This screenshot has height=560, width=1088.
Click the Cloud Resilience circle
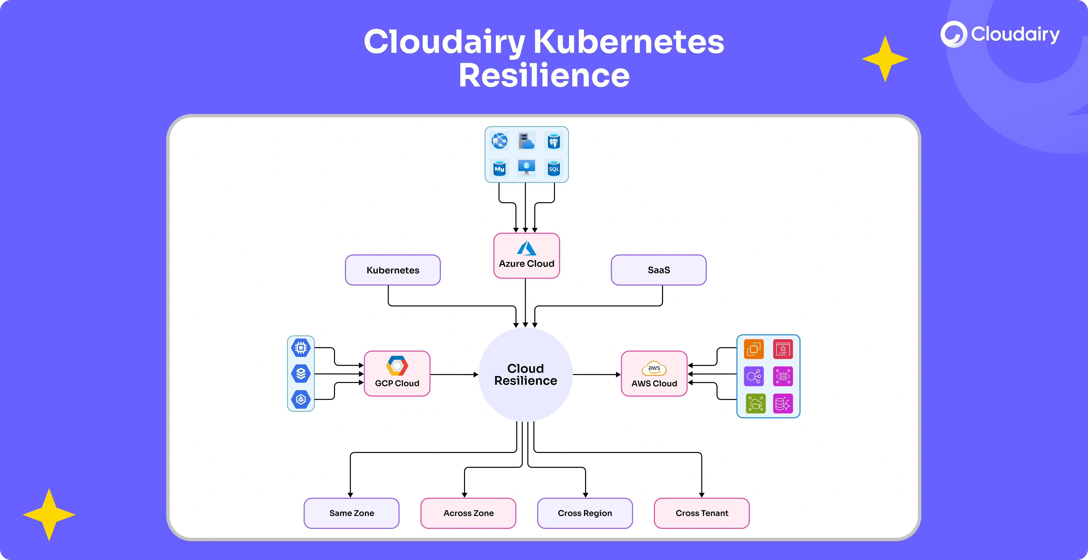click(525, 375)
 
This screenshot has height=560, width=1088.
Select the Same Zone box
click(351, 513)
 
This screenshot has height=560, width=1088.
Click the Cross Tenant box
click(702, 513)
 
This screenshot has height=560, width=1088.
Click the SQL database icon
click(554, 168)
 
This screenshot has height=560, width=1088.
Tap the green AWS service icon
click(756, 403)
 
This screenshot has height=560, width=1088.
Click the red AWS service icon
click(783, 349)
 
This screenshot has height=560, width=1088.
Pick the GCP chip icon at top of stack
click(301, 348)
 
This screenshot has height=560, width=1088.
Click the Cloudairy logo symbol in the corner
click(953, 34)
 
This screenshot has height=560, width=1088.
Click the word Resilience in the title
click(544, 76)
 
